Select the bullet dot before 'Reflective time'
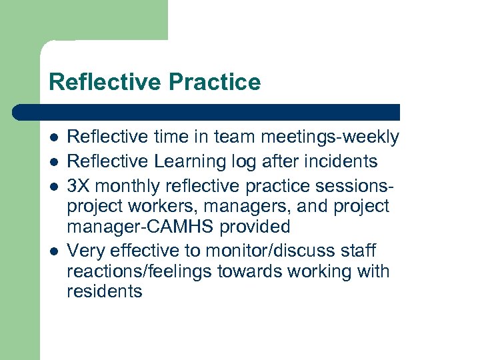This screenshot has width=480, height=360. click(x=53, y=138)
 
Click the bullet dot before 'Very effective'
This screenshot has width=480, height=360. click(x=53, y=251)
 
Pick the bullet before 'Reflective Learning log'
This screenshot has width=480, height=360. click(x=53, y=161)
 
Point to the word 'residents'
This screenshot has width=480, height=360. click(x=105, y=291)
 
